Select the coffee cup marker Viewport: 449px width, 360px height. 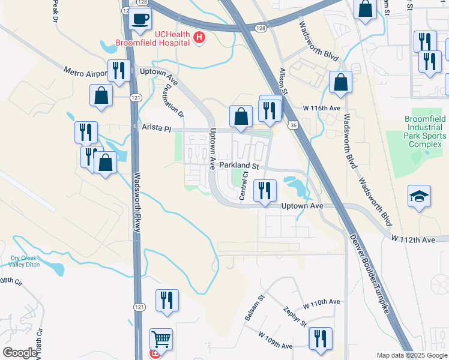point(140,19)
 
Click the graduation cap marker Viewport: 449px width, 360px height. point(418,196)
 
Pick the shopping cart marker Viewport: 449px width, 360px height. point(161,340)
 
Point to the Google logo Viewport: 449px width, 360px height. point(19,353)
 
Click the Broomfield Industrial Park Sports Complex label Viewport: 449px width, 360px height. point(415,132)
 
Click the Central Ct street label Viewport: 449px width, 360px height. point(244,185)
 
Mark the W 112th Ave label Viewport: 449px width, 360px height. point(414,240)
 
